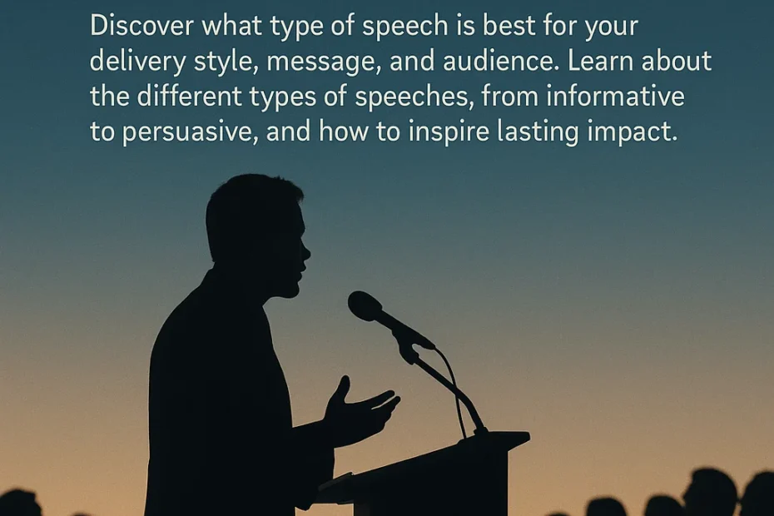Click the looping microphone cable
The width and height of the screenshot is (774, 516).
pyautogui.click(x=458, y=383)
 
